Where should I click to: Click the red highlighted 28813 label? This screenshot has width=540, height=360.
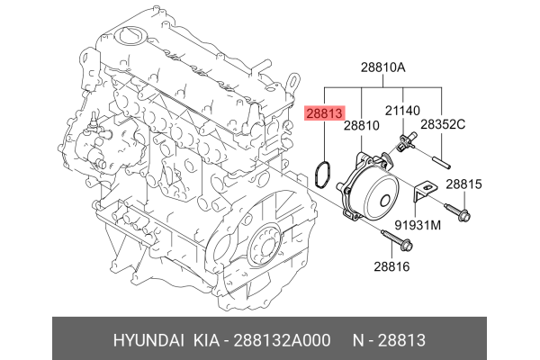tap(323, 114)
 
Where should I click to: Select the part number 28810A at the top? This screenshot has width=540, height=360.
tap(384, 67)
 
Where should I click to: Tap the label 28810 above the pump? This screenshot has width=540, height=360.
tap(361, 130)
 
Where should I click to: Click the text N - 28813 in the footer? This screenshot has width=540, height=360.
tap(388, 341)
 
